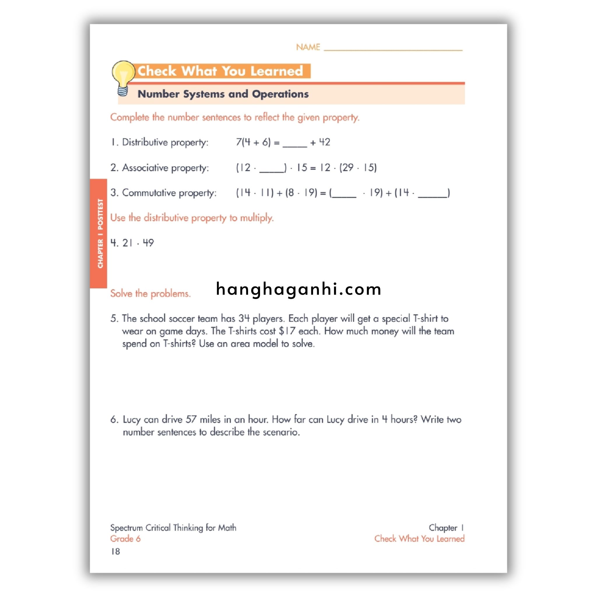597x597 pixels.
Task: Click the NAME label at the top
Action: pyautogui.click(x=308, y=47)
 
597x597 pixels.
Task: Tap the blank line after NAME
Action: pyautogui.click(x=393, y=48)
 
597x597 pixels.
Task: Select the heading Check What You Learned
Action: pyautogui.click(x=220, y=71)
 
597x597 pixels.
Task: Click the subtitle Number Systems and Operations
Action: pyautogui.click(x=223, y=94)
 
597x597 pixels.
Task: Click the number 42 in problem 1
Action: pyautogui.click(x=324, y=142)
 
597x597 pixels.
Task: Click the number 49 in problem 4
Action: pyautogui.click(x=148, y=243)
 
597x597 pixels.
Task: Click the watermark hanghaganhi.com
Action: pyautogui.click(x=298, y=289)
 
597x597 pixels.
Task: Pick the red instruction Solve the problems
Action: pyautogui.click(x=150, y=293)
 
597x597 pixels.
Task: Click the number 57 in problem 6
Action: pyautogui.click(x=191, y=419)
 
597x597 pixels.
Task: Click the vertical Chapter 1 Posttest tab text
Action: pyautogui.click(x=100, y=233)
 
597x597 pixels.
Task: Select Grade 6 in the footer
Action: pyautogui.click(x=125, y=539)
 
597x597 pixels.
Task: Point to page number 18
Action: pyautogui.click(x=115, y=551)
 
